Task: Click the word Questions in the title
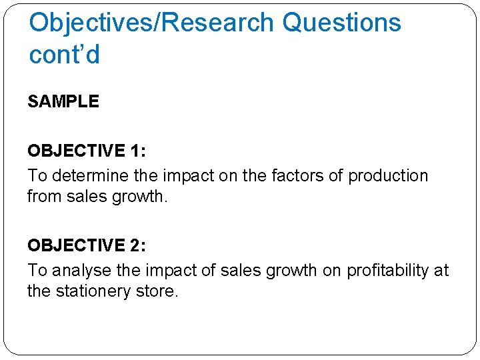coord(341,23)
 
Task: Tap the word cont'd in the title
coord(64,54)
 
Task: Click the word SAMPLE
coord(63,102)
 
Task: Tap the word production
coord(388,176)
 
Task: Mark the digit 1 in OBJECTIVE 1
coord(136,151)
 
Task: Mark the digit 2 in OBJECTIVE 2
coord(136,245)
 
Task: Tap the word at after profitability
coord(441,270)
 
